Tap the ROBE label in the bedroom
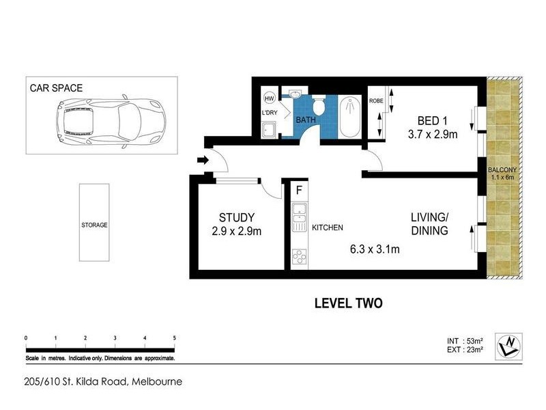click(x=376, y=100)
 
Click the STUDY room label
click(x=236, y=218)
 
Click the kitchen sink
click(x=299, y=219)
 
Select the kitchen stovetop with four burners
click(x=300, y=256)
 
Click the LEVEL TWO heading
click(x=347, y=303)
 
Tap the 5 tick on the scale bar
click(x=175, y=338)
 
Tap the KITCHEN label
click(x=327, y=228)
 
